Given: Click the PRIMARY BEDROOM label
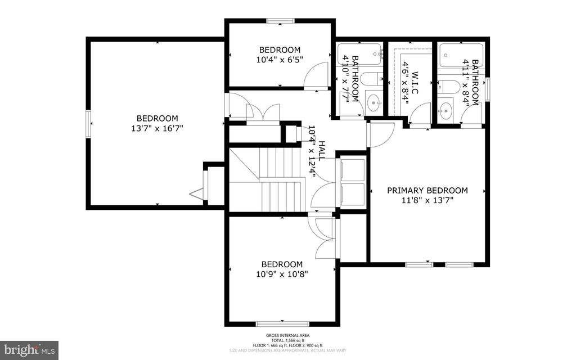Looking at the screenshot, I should (427, 190).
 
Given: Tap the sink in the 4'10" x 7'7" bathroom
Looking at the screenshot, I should (373, 102).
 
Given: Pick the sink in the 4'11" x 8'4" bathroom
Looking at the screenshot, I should (445, 109).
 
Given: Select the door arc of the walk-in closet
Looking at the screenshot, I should (419, 115).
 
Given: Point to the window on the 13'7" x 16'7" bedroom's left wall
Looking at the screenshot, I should (88, 122).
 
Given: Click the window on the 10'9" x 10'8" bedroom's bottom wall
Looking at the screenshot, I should (282, 323).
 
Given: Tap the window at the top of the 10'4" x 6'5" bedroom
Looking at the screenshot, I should (280, 21).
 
